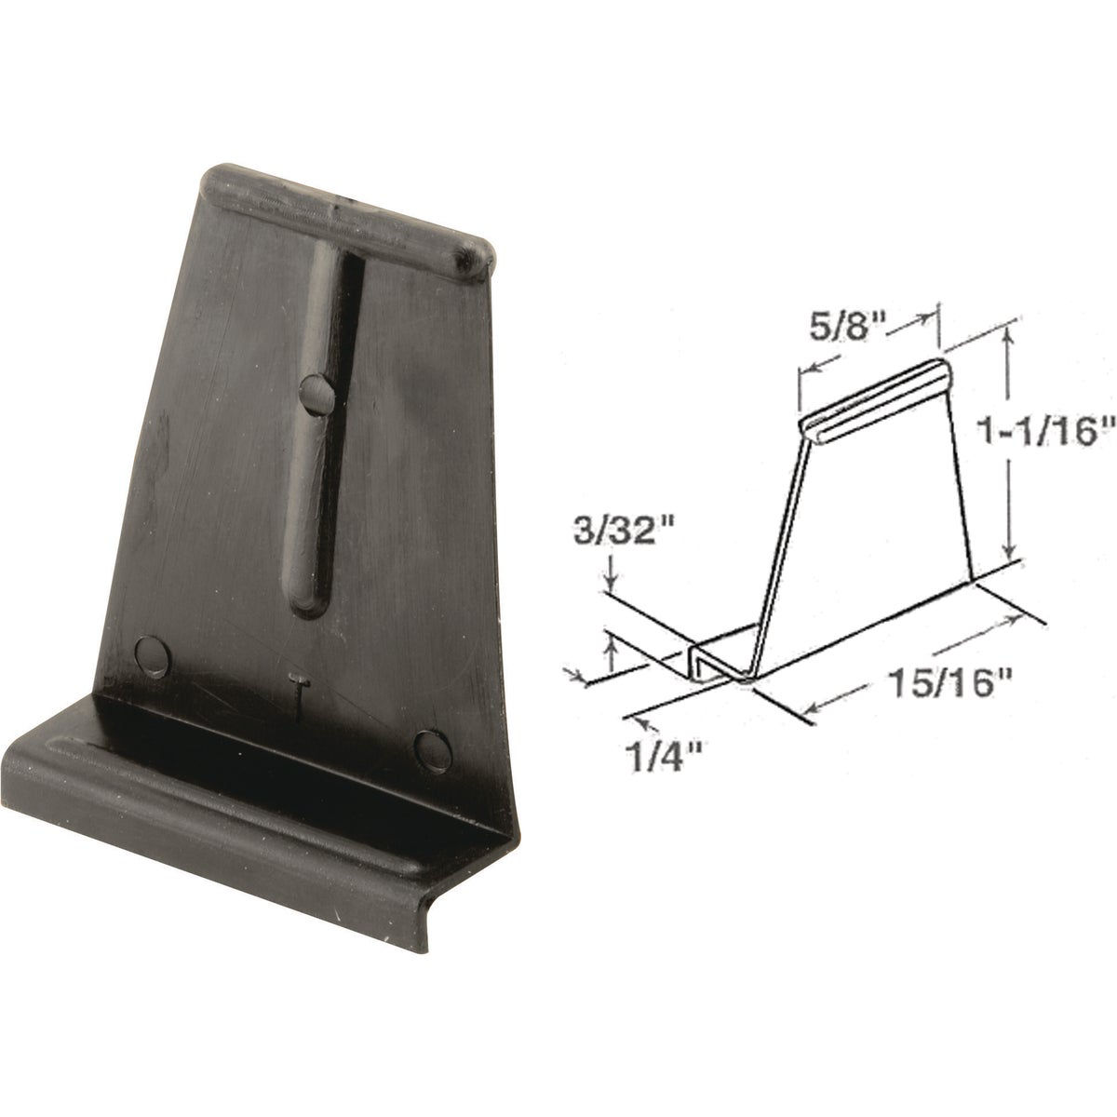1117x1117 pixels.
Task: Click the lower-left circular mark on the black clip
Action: pos(153,655)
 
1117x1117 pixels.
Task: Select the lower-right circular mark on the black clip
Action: pos(430,747)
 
